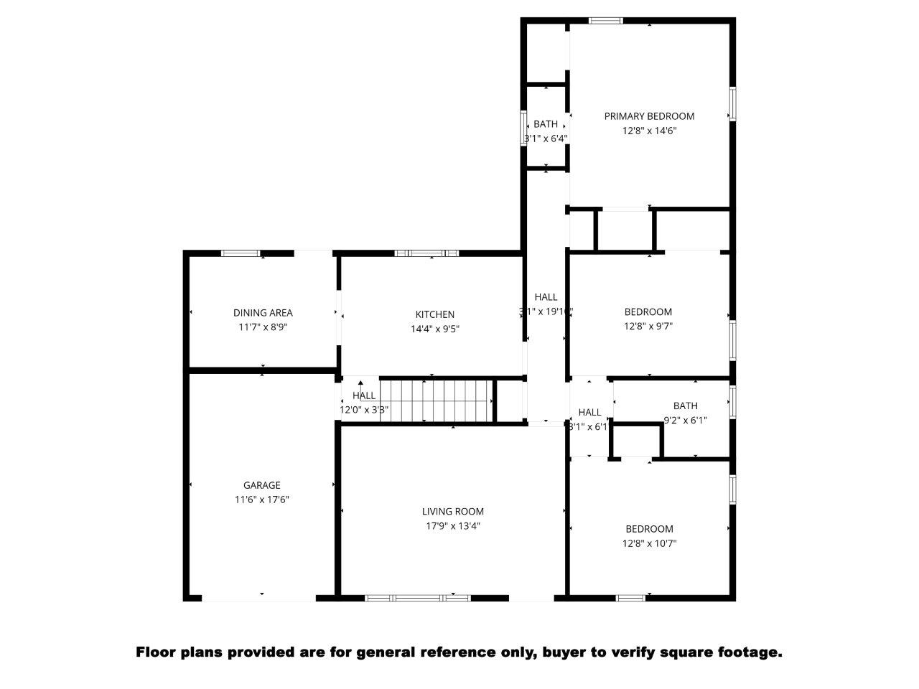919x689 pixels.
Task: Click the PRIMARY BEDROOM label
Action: click(649, 116)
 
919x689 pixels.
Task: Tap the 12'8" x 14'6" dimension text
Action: click(649, 131)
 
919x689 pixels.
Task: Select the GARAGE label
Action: click(261, 485)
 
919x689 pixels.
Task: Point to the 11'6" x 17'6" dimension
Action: click(261, 500)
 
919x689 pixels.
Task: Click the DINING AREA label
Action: click(263, 313)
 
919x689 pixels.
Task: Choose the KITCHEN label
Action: click(434, 314)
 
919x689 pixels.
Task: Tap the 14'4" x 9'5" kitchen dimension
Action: click(434, 329)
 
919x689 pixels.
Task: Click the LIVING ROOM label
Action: click(452, 512)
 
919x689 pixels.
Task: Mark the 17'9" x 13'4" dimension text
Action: click(452, 526)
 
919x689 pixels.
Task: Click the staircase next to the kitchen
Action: click(437, 400)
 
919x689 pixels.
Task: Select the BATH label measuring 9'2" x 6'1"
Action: click(685, 406)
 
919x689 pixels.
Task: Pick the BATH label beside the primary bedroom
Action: click(546, 124)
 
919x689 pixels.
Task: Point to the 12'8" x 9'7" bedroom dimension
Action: click(648, 326)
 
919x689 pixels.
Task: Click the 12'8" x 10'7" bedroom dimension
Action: click(649, 543)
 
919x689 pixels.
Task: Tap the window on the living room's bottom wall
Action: click(418, 597)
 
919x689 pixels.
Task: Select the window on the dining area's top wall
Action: click(240, 253)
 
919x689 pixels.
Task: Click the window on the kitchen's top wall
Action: click(427, 253)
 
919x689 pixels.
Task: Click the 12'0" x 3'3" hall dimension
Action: click(364, 410)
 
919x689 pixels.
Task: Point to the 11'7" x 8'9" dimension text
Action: click(263, 327)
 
